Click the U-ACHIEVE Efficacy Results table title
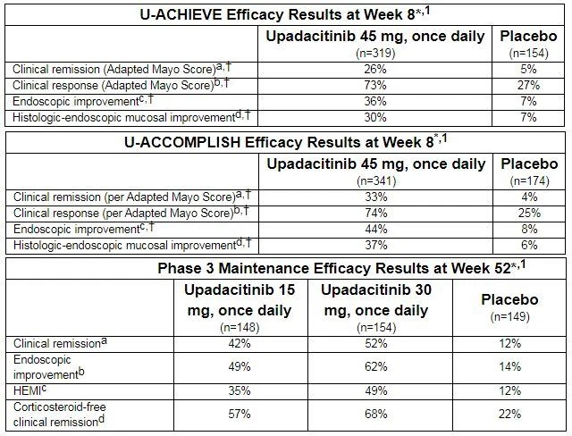[285, 14]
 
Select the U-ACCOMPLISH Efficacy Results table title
[286, 142]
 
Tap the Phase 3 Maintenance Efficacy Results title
[341, 268]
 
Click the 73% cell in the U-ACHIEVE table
[375, 85]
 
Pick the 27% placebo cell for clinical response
[528, 85]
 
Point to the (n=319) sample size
[375, 54]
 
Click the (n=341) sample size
[376, 180]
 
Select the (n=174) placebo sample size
[529, 180]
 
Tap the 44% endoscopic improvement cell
[376, 229]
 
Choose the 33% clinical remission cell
[376, 197]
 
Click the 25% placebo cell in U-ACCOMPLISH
[529, 213]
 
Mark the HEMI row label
[29, 390]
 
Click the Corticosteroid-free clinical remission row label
[60, 415]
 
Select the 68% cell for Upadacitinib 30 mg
[376, 415]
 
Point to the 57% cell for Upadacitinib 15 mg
[240, 415]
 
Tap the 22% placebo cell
[510, 415]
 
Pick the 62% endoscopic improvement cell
[376, 366]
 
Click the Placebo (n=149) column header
[510, 307]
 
